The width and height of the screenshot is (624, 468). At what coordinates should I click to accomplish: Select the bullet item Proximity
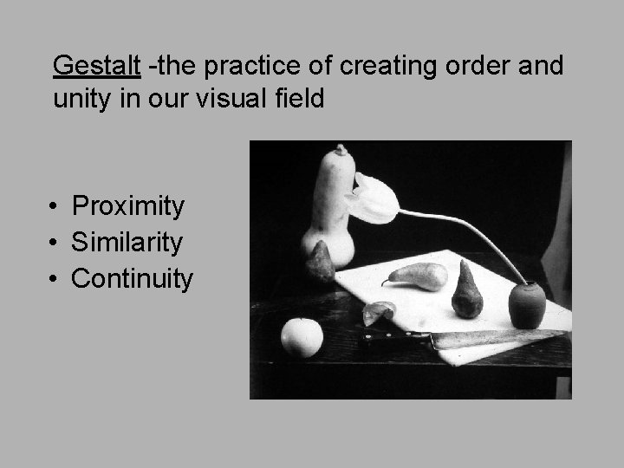point(128,206)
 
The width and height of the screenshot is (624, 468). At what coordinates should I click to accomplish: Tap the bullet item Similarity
point(127,243)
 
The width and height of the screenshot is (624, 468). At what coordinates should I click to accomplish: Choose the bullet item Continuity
point(133,279)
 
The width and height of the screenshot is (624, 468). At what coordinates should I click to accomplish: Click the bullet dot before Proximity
point(54,207)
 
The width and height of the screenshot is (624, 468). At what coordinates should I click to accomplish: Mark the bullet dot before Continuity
point(54,280)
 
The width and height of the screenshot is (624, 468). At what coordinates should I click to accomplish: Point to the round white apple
point(301,337)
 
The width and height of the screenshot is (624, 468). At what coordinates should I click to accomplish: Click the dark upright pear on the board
point(466,293)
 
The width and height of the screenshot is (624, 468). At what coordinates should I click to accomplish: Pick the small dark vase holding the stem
point(526,303)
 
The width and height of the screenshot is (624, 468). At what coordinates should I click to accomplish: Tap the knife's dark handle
point(394,338)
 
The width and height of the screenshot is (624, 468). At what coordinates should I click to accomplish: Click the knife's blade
point(494,337)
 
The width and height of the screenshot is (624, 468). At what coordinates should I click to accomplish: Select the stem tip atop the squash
point(341,150)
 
